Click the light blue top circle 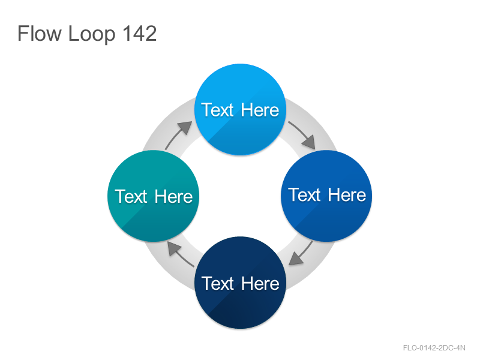(x=241, y=110)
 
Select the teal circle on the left (x=154, y=196)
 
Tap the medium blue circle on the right (x=326, y=196)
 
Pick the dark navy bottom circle (x=241, y=283)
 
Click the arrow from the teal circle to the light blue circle (x=178, y=134)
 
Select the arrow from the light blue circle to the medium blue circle (x=302, y=134)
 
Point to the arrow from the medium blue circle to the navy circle (x=302, y=253)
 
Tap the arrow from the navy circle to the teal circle (x=181, y=253)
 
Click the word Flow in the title (x=40, y=33)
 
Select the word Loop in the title (x=92, y=34)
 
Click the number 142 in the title (x=140, y=33)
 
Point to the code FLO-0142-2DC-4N (x=434, y=348)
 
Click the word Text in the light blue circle (x=218, y=110)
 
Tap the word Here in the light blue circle (x=260, y=110)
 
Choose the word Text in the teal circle (x=131, y=197)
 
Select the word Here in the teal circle (x=173, y=197)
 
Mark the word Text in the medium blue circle (x=304, y=194)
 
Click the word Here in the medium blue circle (x=347, y=194)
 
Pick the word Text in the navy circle (x=218, y=283)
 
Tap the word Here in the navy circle (x=260, y=283)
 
